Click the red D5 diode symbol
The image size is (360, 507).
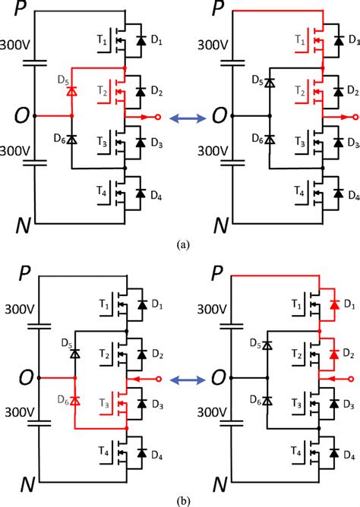[72, 91]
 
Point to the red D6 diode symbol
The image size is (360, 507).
[74, 400]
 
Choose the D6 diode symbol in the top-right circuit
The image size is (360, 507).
[267, 140]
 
